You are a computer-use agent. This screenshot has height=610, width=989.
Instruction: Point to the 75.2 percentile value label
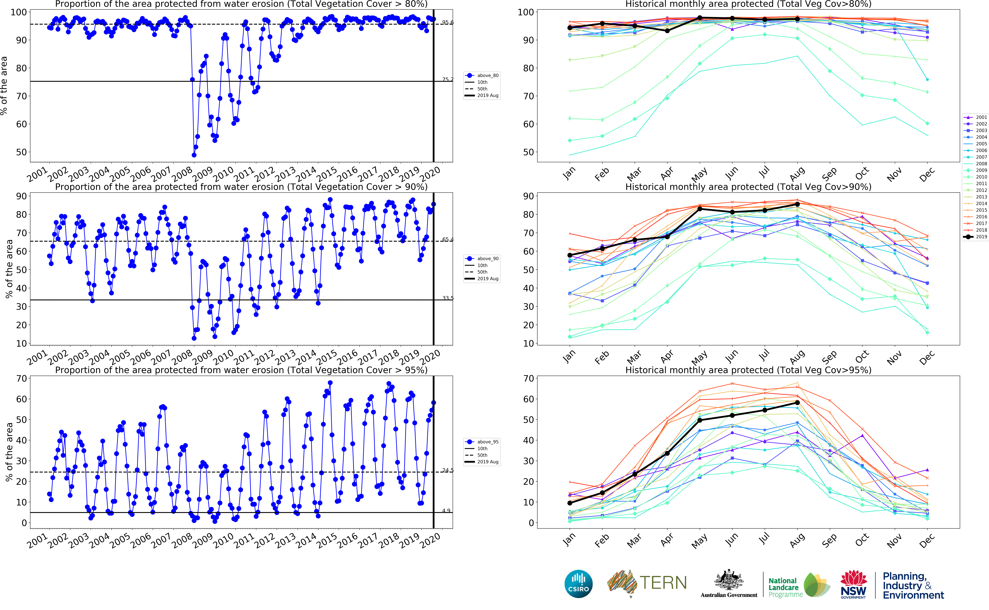pyautogui.click(x=447, y=80)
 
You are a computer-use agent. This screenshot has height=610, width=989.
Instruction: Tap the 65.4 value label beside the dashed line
pyautogui.click(x=447, y=240)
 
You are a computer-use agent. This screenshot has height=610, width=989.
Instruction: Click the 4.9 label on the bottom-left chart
pyautogui.click(x=446, y=511)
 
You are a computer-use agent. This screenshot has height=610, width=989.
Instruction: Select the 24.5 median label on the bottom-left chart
pyautogui.click(x=447, y=470)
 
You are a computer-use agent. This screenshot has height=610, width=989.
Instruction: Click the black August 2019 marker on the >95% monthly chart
pyautogui.click(x=797, y=403)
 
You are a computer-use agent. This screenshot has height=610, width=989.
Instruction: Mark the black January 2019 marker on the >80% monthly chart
pyautogui.click(x=569, y=28)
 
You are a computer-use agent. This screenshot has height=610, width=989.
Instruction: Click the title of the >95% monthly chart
pyautogui.click(x=748, y=370)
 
